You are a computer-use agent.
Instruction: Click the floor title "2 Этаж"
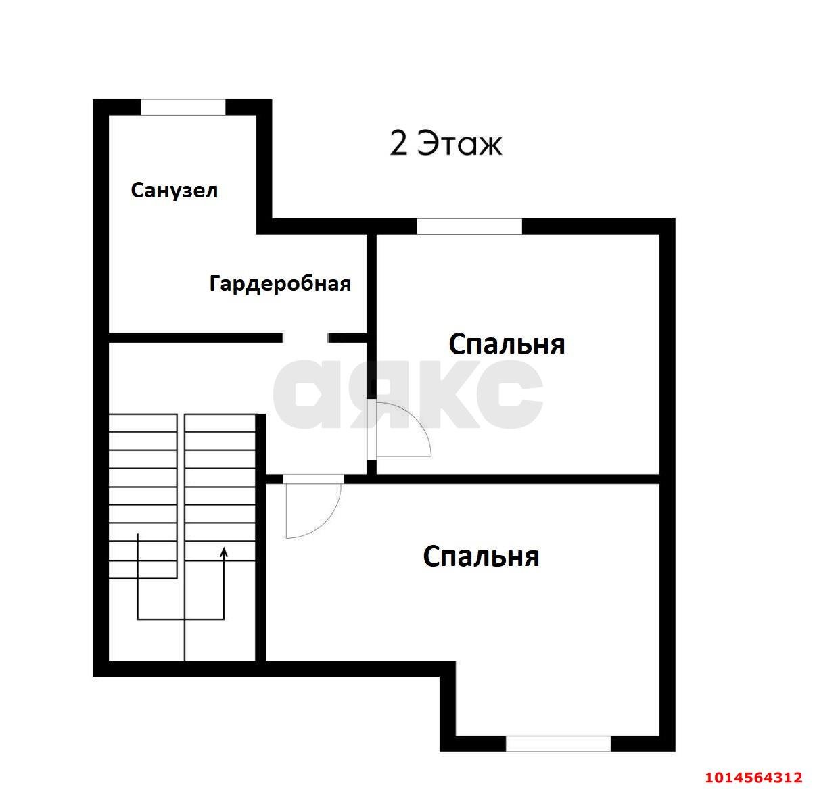coord(446,143)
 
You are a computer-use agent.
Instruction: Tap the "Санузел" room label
coord(174,191)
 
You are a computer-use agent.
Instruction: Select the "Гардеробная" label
coord(280,283)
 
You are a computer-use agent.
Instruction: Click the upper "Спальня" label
coord(507,344)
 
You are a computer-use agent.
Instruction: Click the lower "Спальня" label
coord(481,556)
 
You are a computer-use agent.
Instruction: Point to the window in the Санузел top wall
coord(183,107)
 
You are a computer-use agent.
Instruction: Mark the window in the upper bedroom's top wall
coord(469,226)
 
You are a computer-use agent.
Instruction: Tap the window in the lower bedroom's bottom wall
coord(558,744)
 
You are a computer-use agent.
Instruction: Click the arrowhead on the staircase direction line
coord(224,551)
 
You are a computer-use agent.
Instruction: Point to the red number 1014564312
coord(753,777)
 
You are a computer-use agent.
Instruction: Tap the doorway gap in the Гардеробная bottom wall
coord(306,338)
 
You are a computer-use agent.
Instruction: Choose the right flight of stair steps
coord(220,487)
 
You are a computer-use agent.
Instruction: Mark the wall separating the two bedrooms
coord(517,479)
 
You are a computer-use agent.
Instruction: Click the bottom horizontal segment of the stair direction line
coord(181,619)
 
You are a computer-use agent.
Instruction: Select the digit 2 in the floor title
coord(399,143)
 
